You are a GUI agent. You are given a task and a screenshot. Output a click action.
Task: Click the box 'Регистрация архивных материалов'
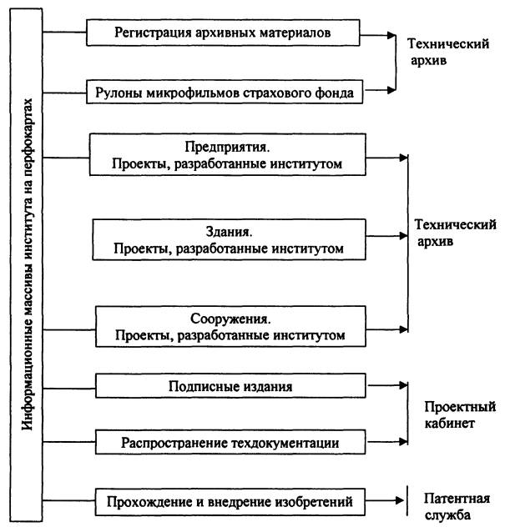pyautogui.click(x=223, y=33)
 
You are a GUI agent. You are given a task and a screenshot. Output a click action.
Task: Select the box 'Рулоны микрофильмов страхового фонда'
pyautogui.click(x=225, y=92)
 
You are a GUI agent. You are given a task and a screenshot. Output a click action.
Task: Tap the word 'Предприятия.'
pyautogui.click(x=227, y=147)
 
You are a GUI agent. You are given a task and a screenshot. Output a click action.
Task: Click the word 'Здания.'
pyautogui.click(x=229, y=232)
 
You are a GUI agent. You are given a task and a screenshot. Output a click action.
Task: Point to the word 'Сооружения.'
pyautogui.click(x=230, y=319)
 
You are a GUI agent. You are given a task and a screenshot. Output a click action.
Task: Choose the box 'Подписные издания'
pyautogui.click(x=230, y=386)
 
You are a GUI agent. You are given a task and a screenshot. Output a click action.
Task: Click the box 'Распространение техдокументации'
pyautogui.click(x=230, y=442)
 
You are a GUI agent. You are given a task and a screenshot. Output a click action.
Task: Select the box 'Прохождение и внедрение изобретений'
pyautogui.click(x=230, y=502)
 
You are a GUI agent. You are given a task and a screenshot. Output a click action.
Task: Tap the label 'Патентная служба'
pyautogui.click(x=457, y=507)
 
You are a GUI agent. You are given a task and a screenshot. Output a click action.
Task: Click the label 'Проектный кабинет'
pyautogui.click(x=460, y=414)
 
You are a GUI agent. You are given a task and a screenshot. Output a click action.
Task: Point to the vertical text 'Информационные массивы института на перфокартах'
pyautogui.click(x=28, y=264)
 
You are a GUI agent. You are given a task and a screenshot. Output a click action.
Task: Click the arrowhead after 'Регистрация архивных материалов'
pyautogui.click(x=392, y=35)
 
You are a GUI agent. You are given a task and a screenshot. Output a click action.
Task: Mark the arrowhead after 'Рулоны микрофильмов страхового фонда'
pyautogui.click(x=392, y=90)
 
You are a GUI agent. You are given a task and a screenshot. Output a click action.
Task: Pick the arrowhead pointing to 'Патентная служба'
pyautogui.click(x=399, y=500)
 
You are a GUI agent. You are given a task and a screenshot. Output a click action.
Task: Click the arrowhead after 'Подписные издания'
pyautogui.click(x=403, y=385)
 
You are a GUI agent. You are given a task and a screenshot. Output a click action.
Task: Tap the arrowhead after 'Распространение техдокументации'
pyautogui.click(x=403, y=441)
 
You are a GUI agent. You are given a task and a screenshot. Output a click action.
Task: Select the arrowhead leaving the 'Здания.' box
pyautogui.click(x=403, y=236)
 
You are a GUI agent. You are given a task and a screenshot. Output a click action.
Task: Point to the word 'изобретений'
pyautogui.click(x=314, y=502)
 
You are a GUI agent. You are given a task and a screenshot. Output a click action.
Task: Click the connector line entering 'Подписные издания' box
pyautogui.click(x=69, y=388)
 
